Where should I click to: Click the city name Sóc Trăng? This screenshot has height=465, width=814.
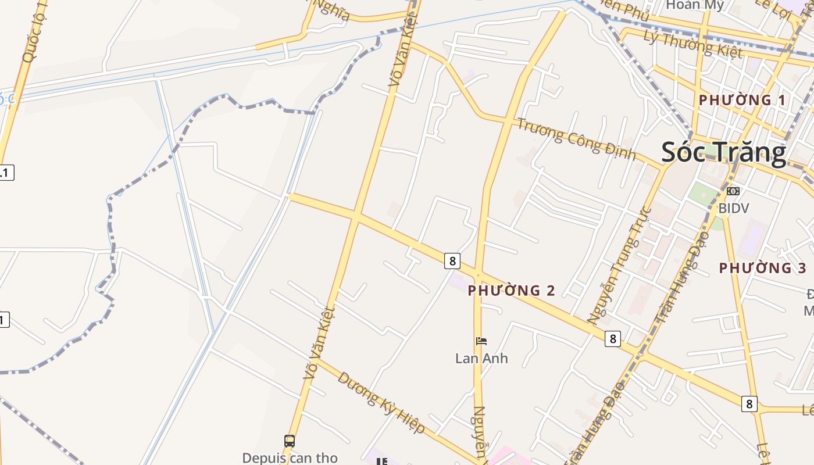click(x=724, y=152)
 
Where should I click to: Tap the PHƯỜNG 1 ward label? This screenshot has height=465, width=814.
click(x=742, y=100)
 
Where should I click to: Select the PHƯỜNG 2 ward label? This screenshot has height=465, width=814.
click(x=512, y=290)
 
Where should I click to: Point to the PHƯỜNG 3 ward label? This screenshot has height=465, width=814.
click(x=763, y=268)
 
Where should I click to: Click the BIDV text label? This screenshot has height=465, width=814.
click(x=733, y=208)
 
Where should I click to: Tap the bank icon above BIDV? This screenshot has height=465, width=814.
click(x=733, y=191)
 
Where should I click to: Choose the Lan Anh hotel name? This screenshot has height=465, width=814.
click(x=481, y=358)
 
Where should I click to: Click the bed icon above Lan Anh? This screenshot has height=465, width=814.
click(x=481, y=341)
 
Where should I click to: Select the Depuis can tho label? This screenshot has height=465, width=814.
click(x=290, y=457)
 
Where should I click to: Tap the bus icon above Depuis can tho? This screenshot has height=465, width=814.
click(x=290, y=441)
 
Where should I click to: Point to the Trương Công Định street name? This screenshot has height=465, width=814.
click(x=577, y=138)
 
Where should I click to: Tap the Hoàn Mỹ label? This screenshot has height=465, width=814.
click(x=695, y=6)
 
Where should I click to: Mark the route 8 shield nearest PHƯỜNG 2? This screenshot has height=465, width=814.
click(x=452, y=260)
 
